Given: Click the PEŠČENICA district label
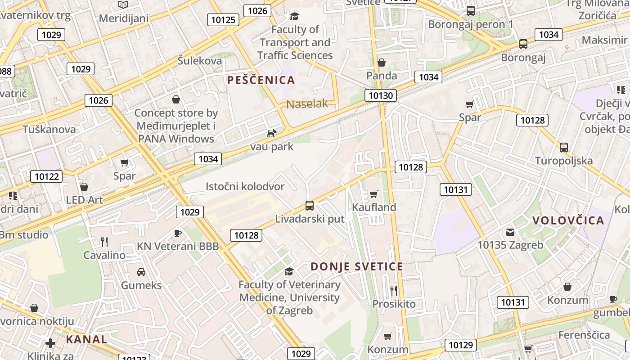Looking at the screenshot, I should [x=261, y=80].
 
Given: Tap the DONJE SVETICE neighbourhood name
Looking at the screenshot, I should [x=357, y=266].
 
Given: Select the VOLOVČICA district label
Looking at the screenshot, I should [x=568, y=220].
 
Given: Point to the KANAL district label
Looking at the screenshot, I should [x=87, y=339].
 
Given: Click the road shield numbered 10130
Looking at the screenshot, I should [x=381, y=95].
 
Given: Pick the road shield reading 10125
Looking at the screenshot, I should [x=223, y=20].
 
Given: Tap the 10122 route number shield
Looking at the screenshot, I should [x=46, y=176].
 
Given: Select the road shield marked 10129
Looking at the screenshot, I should [x=461, y=345].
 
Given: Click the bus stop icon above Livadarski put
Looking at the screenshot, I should [x=310, y=206].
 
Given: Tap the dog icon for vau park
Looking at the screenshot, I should [x=271, y=133].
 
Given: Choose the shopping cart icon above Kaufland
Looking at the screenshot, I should [x=373, y=194].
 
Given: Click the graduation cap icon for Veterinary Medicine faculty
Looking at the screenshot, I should [x=289, y=271].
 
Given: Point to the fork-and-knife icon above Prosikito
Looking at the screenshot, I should [x=394, y=290].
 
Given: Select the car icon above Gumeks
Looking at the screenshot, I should [x=141, y=272].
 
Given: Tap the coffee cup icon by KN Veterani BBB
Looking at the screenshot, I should [x=178, y=233].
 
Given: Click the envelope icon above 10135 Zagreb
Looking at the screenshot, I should [x=510, y=232].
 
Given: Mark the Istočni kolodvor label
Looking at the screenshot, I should [x=245, y=186].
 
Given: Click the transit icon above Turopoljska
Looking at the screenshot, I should [x=563, y=147].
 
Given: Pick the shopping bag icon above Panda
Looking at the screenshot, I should [x=382, y=63].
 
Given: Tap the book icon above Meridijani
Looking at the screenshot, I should [x=123, y=5].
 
